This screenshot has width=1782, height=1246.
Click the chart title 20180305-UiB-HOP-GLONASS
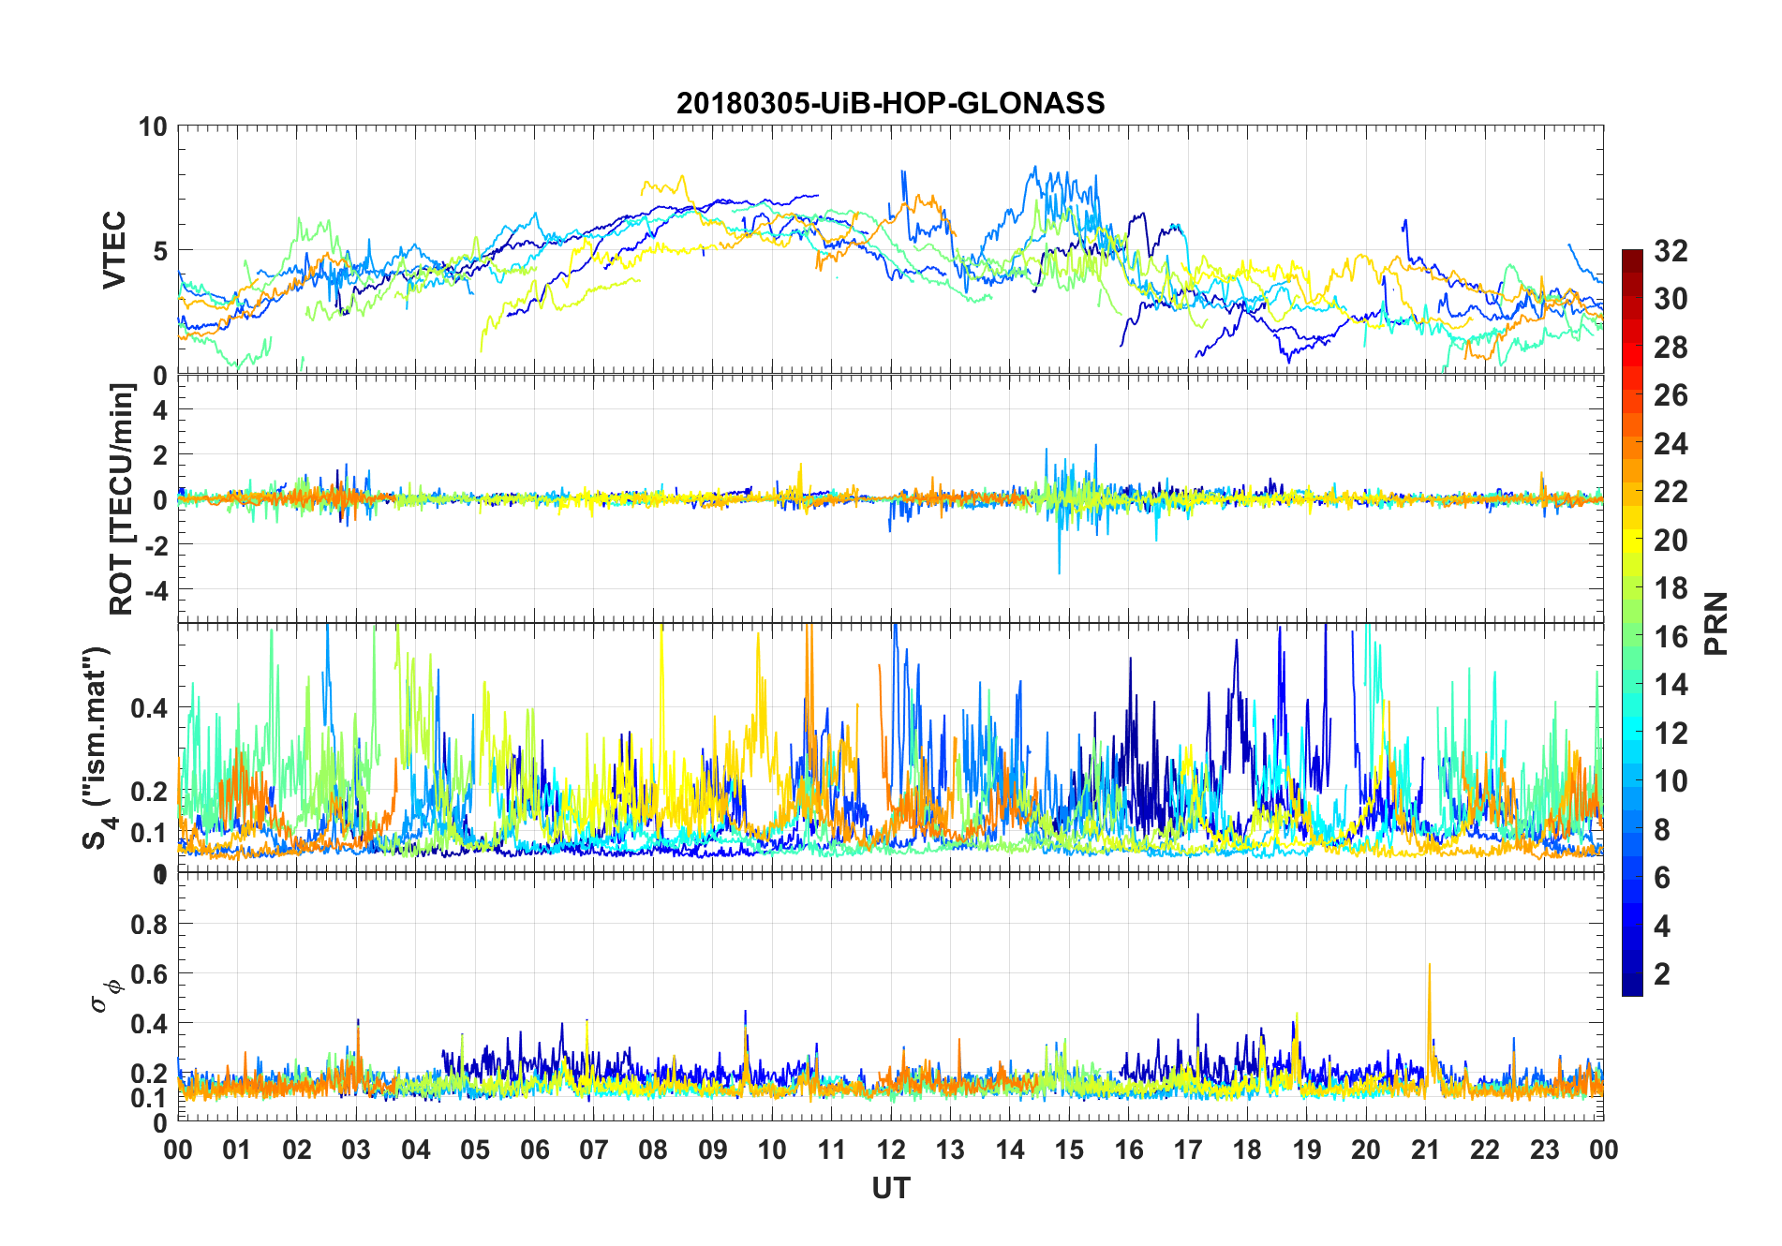click(890, 103)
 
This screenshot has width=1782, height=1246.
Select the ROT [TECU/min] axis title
click(122, 498)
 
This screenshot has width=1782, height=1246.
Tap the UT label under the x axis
click(890, 1189)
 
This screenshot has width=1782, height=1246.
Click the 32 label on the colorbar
click(1671, 251)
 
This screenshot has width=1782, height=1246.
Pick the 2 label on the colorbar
click(1662, 974)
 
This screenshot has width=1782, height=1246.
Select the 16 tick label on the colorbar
click(1671, 637)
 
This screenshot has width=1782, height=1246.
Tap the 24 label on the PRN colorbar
click(1671, 444)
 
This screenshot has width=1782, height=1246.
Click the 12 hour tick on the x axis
click(891, 1150)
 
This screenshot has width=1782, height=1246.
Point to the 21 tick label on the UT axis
click(1425, 1150)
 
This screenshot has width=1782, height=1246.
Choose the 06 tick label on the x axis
click(534, 1150)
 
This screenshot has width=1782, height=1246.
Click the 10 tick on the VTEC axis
click(153, 126)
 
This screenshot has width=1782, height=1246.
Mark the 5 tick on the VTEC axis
click(160, 251)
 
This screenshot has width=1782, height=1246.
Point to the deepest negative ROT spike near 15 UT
click(1060, 571)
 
